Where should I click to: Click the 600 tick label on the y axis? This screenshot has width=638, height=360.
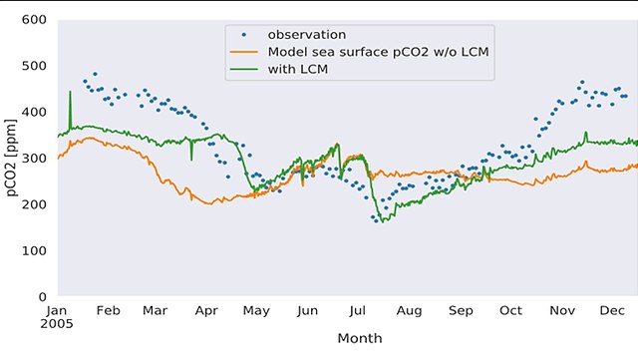(x=35, y=20)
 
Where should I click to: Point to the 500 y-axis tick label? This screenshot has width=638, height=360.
(x=35, y=66)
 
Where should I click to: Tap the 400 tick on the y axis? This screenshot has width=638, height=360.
(x=35, y=112)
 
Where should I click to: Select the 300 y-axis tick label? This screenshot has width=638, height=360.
(x=35, y=159)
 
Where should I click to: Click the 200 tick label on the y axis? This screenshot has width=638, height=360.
(x=35, y=204)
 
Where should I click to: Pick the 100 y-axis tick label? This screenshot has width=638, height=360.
(x=35, y=250)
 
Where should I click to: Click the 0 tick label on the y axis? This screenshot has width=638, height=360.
(x=43, y=297)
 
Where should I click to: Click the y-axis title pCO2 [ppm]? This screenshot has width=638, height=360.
(x=12, y=159)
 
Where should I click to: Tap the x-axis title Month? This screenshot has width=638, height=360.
(x=360, y=339)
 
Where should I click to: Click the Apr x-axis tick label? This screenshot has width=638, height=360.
(x=206, y=311)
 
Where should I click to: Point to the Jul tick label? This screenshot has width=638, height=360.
(x=361, y=311)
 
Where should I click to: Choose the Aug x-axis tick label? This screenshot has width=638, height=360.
(x=409, y=311)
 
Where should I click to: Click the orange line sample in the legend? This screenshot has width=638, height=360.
(x=245, y=51)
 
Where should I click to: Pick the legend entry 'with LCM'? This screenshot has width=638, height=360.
(x=298, y=69)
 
